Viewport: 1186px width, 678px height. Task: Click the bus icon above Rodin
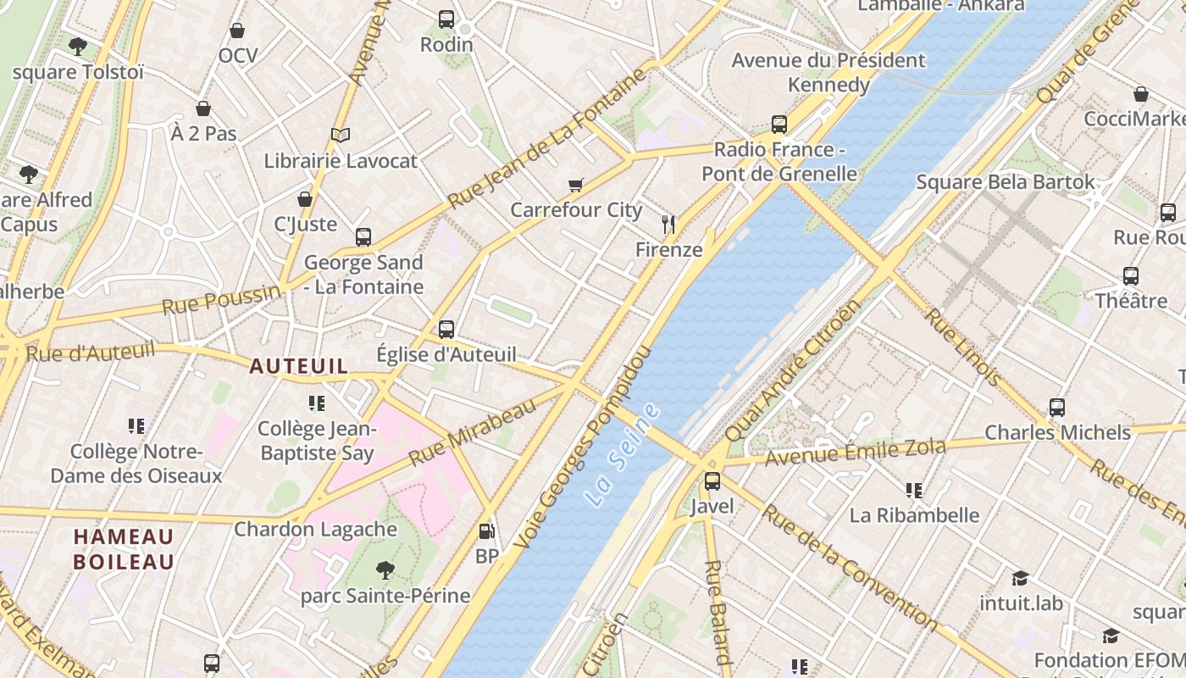click(446, 19)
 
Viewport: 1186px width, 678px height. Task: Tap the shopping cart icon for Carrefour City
click(576, 185)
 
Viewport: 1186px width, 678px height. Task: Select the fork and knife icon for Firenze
click(669, 224)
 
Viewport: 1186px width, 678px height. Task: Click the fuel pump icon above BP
click(487, 531)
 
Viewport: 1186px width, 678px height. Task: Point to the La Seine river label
click(623, 456)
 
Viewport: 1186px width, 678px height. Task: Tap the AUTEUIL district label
click(298, 366)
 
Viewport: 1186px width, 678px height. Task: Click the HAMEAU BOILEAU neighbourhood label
click(124, 549)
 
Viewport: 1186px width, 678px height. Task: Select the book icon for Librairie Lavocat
click(341, 135)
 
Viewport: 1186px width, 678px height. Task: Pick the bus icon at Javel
click(712, 481)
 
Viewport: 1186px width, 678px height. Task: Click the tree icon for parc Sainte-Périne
click(385, 570)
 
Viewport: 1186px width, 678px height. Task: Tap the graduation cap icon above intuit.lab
click(1020, 578)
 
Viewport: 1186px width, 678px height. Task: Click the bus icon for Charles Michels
click(1057, 407)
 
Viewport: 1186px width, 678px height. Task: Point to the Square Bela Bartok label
click(1006, 182)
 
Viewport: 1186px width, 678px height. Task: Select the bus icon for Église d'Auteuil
click(446, 329)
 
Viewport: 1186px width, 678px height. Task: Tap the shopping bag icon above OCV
click(237, 31)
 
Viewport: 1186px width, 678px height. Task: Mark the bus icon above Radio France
click(779, 125)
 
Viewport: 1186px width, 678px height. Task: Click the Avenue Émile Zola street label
click(855, 453)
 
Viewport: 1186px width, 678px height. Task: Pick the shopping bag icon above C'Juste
click(305, 199)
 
